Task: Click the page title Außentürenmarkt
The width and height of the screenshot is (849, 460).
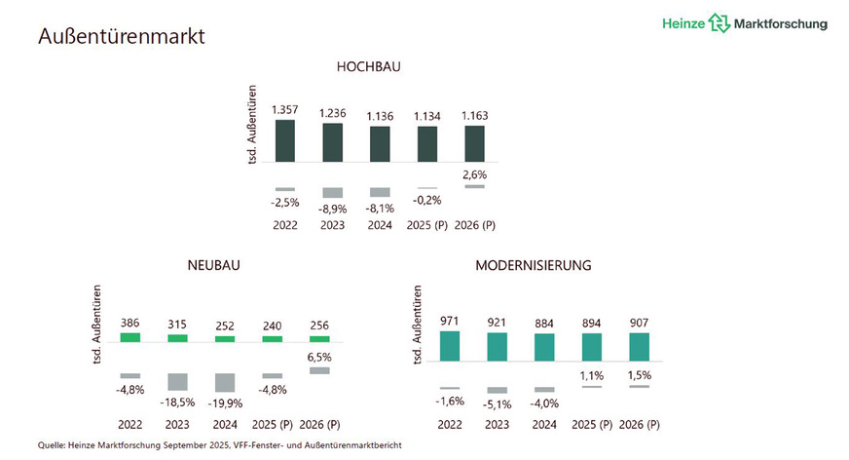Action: click(121, 36)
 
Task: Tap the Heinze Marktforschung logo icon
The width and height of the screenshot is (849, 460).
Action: click(719, 23)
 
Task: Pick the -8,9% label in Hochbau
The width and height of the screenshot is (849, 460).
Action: click(333, 209)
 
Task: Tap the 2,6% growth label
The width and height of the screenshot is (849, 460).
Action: click(474, 174)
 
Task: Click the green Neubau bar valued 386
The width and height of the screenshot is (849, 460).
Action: click(130, 337)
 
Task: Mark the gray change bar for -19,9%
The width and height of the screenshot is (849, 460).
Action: click(226, 382)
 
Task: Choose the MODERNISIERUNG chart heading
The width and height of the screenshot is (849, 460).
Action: click(534, 264)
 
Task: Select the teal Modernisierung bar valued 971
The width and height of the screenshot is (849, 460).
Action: click(450, 346)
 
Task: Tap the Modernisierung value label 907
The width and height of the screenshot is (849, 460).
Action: click(639, 321)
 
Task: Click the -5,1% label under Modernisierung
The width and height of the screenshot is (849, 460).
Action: click(498, 402)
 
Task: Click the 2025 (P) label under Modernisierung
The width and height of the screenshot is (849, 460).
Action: click(592, 424)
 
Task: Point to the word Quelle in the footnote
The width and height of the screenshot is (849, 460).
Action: click(55, 445)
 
